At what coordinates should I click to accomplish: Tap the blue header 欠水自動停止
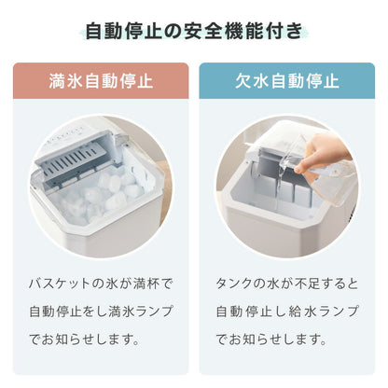click(x=289, y=80)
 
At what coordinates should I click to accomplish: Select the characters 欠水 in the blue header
click(x=254, y=80)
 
